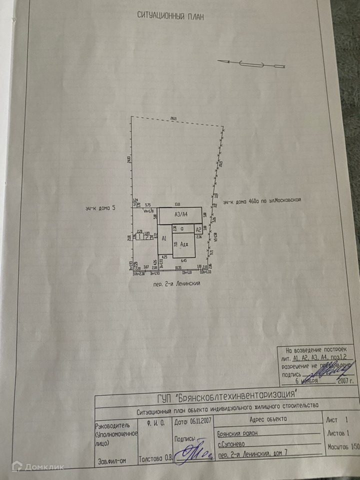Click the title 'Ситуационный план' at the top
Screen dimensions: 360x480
(x=170, y=15)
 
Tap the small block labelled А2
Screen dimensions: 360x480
(x=198, y=229)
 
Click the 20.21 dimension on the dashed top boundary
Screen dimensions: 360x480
(x=173, y=118)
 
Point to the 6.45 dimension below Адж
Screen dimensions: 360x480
(x=183, y=260)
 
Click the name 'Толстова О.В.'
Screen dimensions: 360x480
(x=154, y=455)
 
